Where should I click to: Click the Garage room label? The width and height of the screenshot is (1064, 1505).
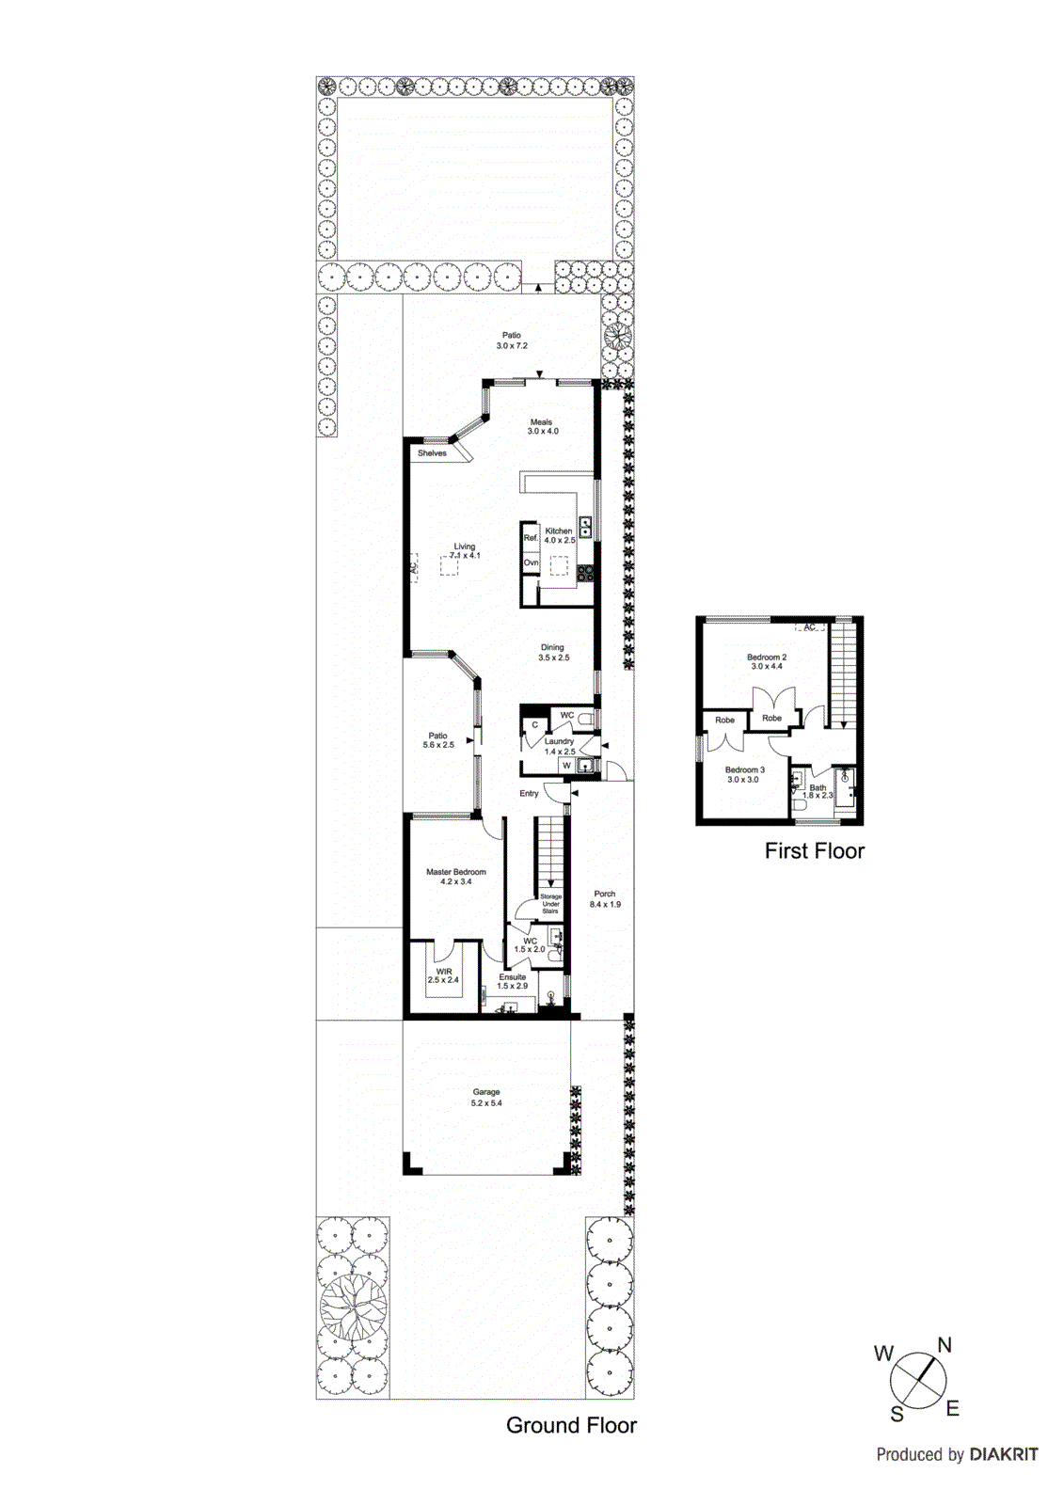(486, 1093)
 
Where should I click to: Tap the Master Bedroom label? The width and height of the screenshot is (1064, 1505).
(456, 872)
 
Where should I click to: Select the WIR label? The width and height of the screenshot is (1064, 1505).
(444, 972)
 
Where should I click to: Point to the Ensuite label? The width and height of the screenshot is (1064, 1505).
(513, 977)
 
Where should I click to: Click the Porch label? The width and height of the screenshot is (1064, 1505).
(605, 895)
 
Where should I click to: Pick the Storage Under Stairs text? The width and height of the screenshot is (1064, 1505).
(550, 904)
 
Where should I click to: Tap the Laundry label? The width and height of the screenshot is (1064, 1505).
(559, 741)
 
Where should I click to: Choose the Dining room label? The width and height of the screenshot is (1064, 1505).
(552, 647)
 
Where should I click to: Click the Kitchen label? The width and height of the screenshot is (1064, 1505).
(559, 531)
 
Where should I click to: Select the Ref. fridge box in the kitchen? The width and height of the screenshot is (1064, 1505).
(531, 538)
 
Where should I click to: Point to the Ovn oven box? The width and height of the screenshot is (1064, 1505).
(532, 562)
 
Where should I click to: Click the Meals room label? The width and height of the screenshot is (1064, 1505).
(541, 422)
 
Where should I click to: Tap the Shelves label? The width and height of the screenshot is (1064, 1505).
(433, 453)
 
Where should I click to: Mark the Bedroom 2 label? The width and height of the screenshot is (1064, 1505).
(767, 657)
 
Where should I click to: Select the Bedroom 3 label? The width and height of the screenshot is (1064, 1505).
(745, 769)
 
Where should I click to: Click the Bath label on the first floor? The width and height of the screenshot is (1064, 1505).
(818, 788)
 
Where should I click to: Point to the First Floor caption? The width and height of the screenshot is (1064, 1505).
(814, 851)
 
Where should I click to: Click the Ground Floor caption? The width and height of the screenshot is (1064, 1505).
(571, 1425)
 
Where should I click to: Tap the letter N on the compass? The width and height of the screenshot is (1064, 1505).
(945, 1345)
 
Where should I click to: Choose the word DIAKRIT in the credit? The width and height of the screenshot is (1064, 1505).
(1004, 1454)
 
